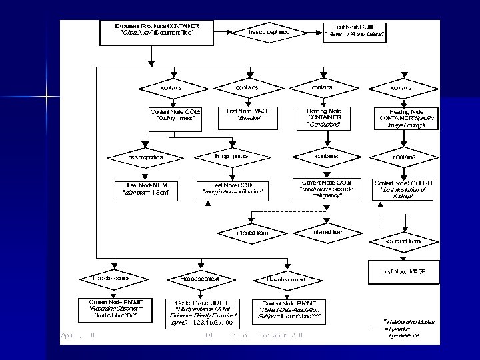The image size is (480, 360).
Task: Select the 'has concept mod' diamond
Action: click(269, 31)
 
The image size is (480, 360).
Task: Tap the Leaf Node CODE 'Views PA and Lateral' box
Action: click(354, 31)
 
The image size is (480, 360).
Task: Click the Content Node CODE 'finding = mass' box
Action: click(176, 116)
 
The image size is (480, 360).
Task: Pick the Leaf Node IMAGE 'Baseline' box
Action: click(247, 116)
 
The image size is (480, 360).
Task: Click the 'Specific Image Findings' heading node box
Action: click(405, 119)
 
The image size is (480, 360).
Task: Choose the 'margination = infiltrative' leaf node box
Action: click(233, 189)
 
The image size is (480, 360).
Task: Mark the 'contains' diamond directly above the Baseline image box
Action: click(247, 87)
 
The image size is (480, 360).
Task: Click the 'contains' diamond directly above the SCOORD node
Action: click(404, 157)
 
